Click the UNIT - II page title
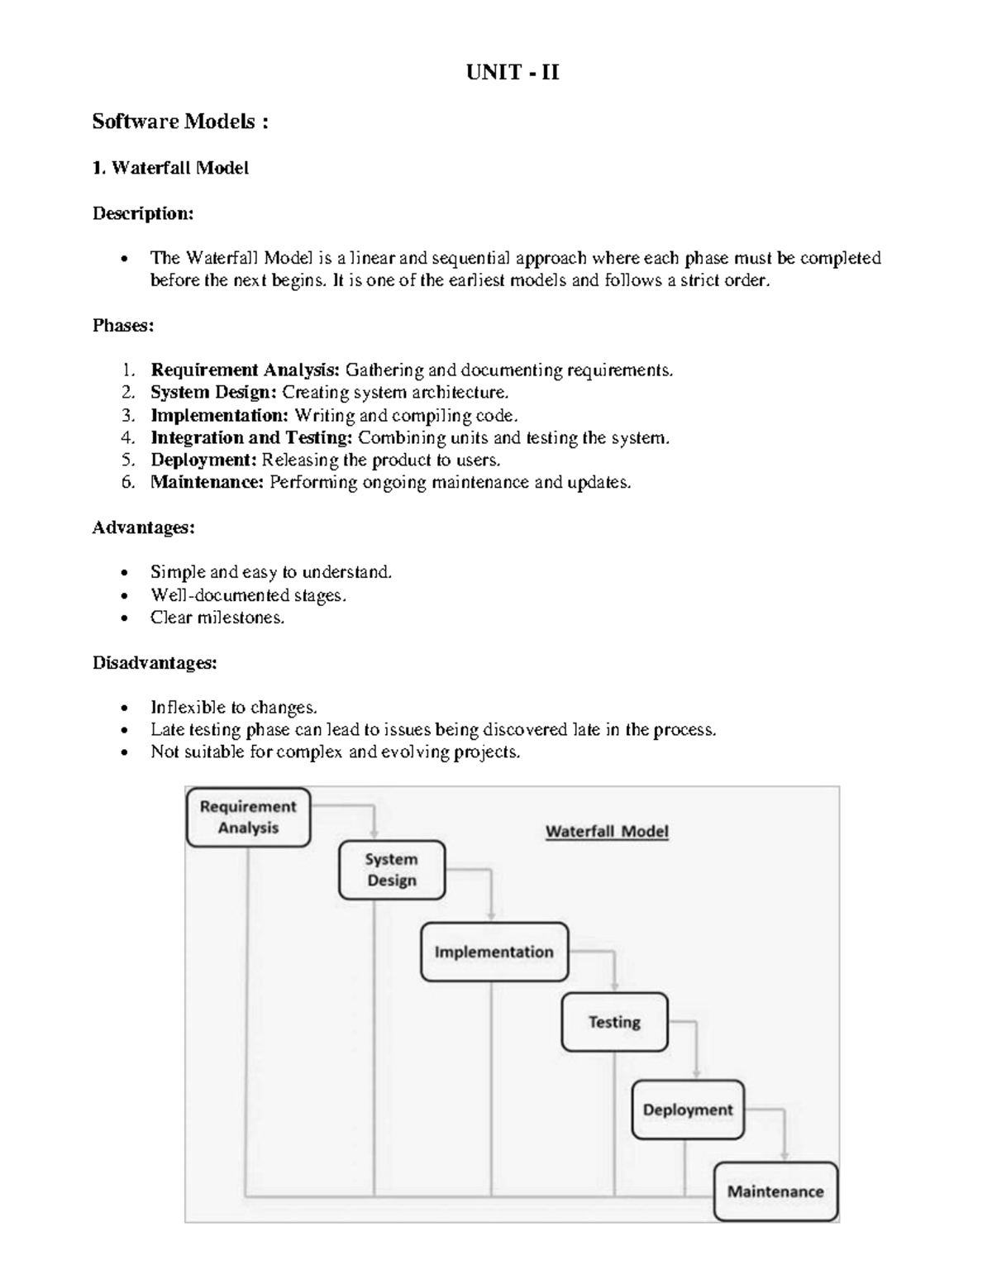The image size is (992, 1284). click(513, 73)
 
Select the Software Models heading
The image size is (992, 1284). click(179, 122)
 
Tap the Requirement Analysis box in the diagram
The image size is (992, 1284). click(248, 817)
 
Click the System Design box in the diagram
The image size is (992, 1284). click(392, 870)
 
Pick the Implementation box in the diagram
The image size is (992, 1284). click(494, 952)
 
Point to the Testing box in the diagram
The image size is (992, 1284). click(614, 1022)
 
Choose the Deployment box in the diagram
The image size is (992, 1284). click(688, 1110)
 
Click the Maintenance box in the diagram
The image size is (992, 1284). click(775, 1191)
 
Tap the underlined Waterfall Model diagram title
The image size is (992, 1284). click(607, 832)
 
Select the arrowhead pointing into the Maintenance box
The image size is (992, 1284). click(785, 1155)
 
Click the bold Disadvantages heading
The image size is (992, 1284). click(155, 663)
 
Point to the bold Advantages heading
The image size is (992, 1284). click(143, 527)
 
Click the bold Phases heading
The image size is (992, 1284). click(123, 326)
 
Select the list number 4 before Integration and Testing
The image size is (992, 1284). click(127, 437)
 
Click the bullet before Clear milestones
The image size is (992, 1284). click(124, 618)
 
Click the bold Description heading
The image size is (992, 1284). click(143, 213)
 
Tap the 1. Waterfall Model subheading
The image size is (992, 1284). click(170, 168)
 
